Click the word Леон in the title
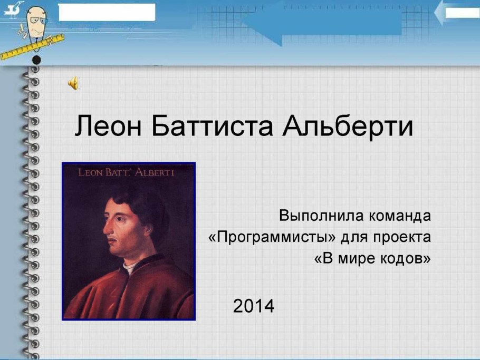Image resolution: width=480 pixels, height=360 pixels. pyautogui.click(x=108, y=126)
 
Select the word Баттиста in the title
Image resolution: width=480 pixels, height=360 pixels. pyautogui.click(x=212, y=126)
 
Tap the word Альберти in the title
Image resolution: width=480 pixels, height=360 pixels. pyautogui.click(x=348, y=126)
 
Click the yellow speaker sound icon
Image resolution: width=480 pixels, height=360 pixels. pyautogui.click(x=73, y=83)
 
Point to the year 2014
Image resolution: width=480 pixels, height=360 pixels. pyautogui.click(x=254, y=306)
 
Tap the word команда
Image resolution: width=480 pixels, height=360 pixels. pyautogui.click(x=400, y=216)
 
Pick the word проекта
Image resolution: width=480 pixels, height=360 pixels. pyautogui.click(x=401, y=237)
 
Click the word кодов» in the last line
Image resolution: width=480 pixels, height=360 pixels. pyautogui.click(x=405, y=258)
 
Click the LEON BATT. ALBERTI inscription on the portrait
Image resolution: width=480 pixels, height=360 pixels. pyautogui.click(x=126, y=172)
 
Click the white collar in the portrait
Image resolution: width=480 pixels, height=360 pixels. pyautogui.click(x=129, y=267)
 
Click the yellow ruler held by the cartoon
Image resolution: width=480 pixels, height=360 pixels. pyautogui.click(x=32, y=47)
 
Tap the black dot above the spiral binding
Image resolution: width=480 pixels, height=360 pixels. pyautogui.click(x=36, y=60)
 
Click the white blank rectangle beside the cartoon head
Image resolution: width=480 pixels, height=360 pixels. pyautogui.click(x=107, y=12)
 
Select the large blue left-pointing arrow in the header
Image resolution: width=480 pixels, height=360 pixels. pyautogui.click(x=321, y=23)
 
